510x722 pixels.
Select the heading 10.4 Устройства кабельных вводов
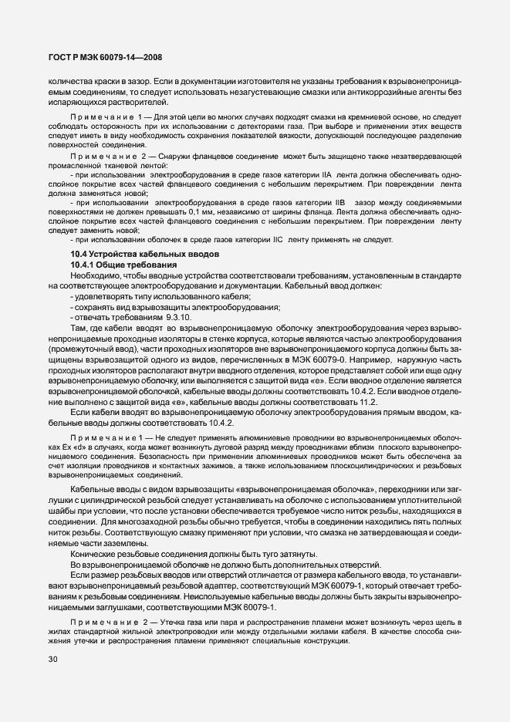pos(146,255)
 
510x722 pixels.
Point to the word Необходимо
pos(96,275)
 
